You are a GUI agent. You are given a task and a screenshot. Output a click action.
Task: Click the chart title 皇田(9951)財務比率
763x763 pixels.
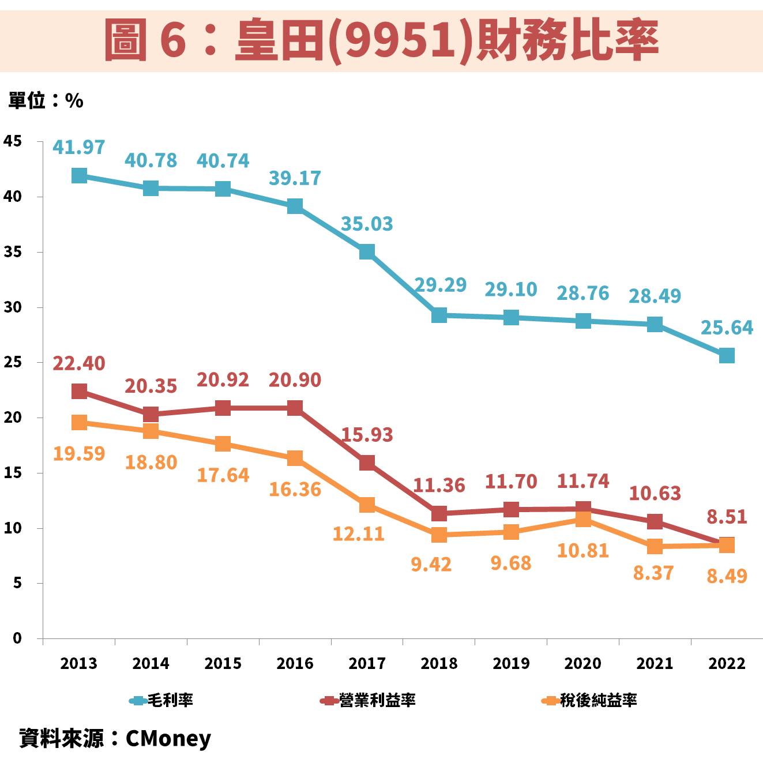pyautogui.click(x=381, y=39)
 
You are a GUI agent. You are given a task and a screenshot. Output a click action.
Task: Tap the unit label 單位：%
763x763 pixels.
pyautogui.click(x=46, y=101)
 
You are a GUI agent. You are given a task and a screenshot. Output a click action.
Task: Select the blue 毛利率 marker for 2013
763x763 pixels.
pyautogui.click(x=79, y=175)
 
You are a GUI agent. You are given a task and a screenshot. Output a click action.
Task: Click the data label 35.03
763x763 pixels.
pyautogui.click(x=367, y=223)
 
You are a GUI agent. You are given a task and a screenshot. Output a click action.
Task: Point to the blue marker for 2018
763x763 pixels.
pyautogui.click(x=439, y=315)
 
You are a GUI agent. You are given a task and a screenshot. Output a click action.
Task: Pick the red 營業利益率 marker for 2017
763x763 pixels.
pyautogui.click(x=367, y=463)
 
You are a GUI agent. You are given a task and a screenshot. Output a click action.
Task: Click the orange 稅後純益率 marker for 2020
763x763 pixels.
pyautogui.click(x=583, y=520)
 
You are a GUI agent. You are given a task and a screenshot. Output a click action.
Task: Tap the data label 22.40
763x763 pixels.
pyautogui.click(x=79, y=363)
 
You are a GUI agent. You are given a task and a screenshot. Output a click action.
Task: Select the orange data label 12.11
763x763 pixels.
pyautogui.click(x=358, y=533)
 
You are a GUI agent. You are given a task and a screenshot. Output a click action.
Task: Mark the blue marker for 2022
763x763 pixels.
pyautogui.click(x=727, y=355)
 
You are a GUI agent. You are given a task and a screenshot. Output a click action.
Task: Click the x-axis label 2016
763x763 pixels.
pyautogui.click(x=295, y=663)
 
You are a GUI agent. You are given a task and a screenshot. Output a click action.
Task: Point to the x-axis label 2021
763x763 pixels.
pyautogui.click(x=655, y=663)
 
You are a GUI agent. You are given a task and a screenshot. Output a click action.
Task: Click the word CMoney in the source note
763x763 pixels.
pyautogui.click(x=168, y=738)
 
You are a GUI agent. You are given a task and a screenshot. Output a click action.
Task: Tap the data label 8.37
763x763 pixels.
pyautogui.click(x=653, y=573)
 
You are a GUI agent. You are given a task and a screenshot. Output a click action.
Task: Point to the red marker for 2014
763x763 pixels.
pyautogui.click(x=151, y=414)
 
